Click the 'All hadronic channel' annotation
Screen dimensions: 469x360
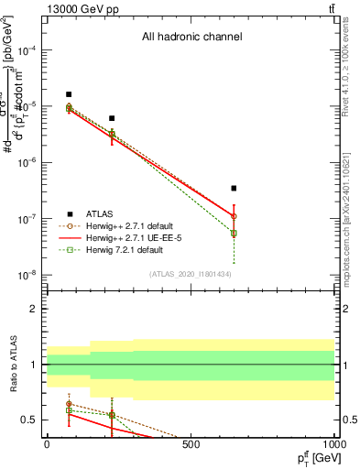click(x=191, y=38)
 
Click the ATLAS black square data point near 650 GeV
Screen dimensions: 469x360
click(x=234, y=188)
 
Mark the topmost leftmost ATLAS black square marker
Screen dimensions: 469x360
click(x=69, y=94)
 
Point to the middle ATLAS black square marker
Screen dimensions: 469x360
click(x=112, y=118)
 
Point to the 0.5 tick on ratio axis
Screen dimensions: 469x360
click(x=31, y=420)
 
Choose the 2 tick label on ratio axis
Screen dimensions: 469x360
click(x=35, y=309)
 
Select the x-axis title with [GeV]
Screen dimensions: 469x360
click(x=313, y=457)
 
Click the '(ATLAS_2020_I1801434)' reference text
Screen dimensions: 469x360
click(x=191, y=274)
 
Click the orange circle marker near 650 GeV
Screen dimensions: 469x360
click(x=234, y=216)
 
